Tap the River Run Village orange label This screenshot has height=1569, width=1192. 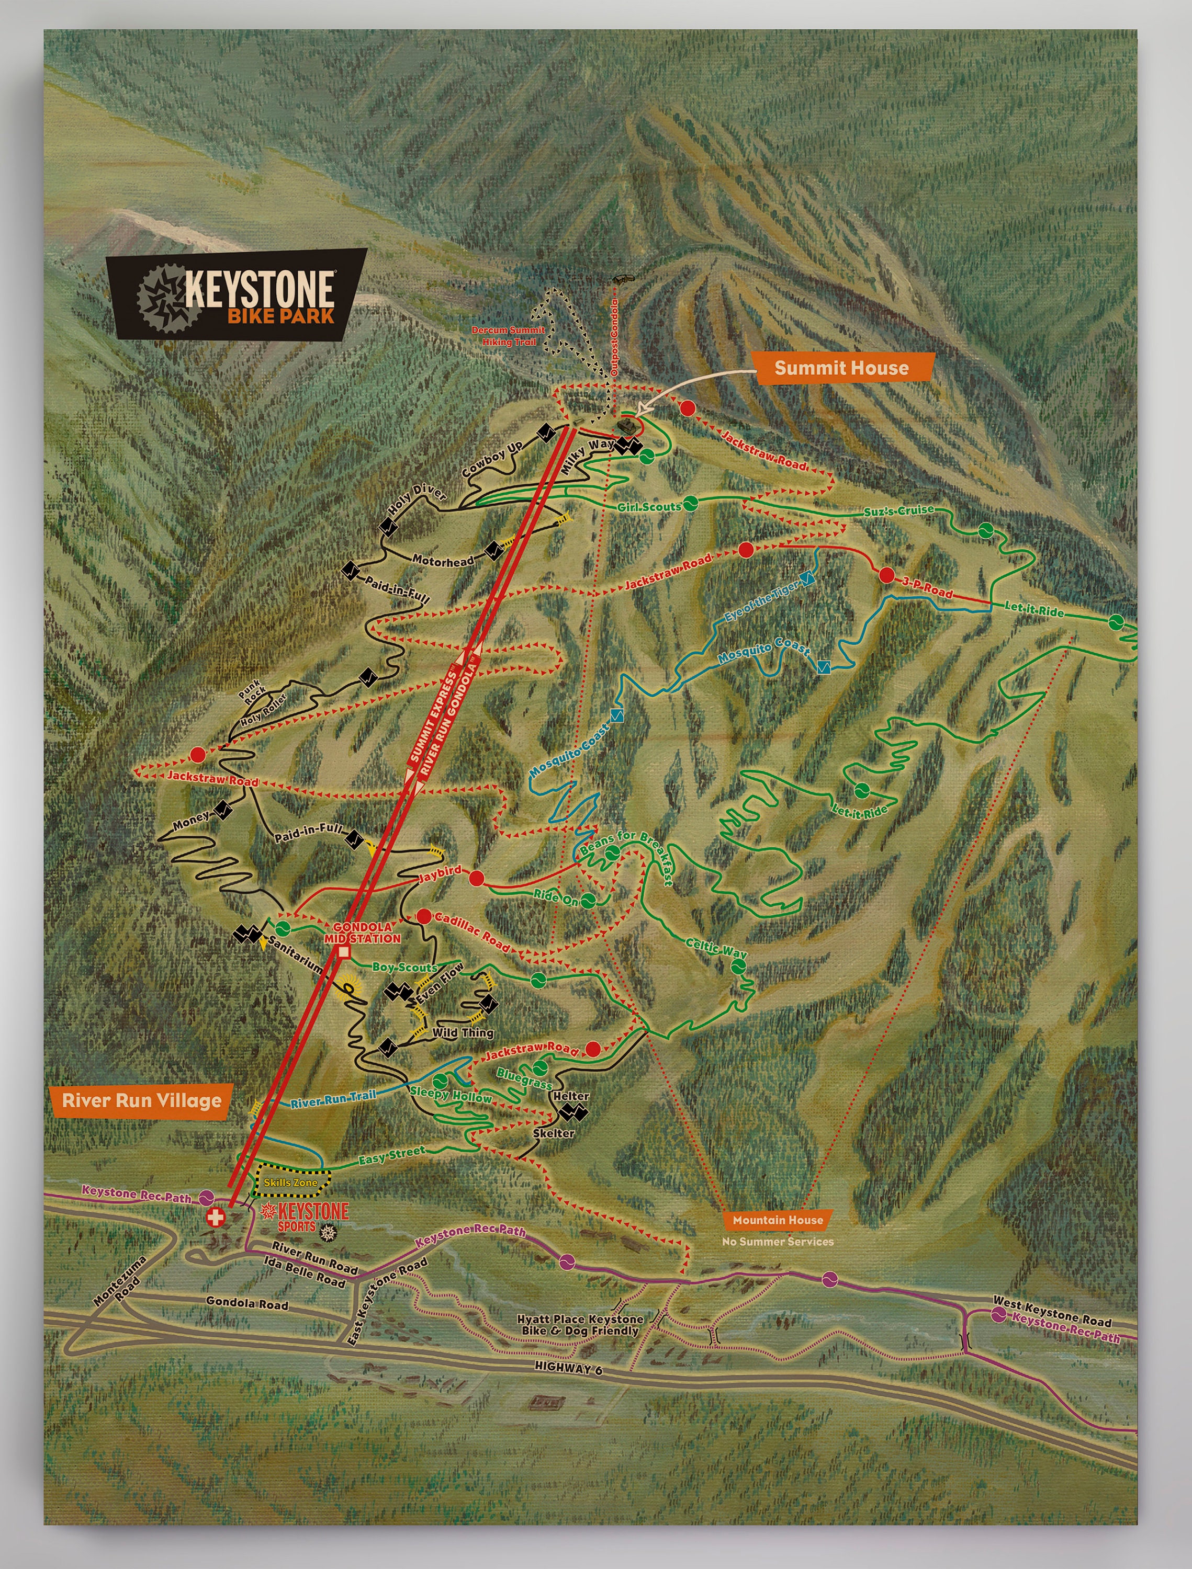[x=142, y=1100]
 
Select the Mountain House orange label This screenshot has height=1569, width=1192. [x=778, y=1220]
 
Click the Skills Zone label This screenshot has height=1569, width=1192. [x=291, y=1183]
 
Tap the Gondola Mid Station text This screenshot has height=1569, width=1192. [x=363, y=933]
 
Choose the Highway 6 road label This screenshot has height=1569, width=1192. [x=568, y=1368]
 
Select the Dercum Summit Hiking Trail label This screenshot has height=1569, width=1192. [x=508, y=336]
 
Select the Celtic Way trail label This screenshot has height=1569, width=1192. [x=716, y=947]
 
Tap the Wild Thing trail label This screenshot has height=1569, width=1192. [x=463, y=1033]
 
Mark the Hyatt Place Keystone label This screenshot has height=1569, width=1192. [x=580, y=1325]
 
